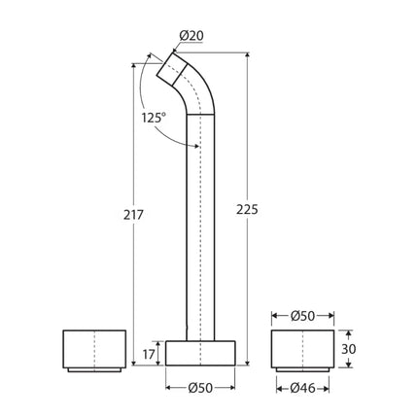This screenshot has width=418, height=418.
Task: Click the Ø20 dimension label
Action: pos(192,36)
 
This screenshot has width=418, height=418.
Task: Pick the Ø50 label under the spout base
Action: pos(200,390)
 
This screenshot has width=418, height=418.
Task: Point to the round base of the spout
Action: pos(200,352)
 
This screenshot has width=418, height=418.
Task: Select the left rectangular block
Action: pos(93,349)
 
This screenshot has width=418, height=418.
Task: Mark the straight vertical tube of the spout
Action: pos(200,224)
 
